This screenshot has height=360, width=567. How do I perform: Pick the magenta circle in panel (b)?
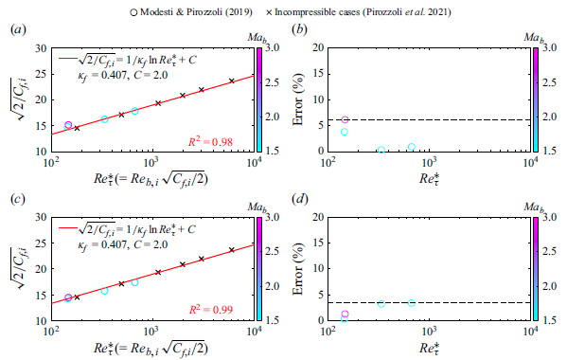pyautogui.click(x=345, y=120)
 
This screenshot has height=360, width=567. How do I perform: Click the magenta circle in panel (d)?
pyautogui.click(x=345, y=314)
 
